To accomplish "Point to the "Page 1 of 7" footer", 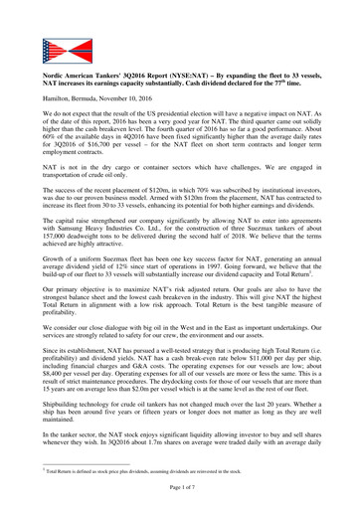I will click(x=181, y=495).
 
